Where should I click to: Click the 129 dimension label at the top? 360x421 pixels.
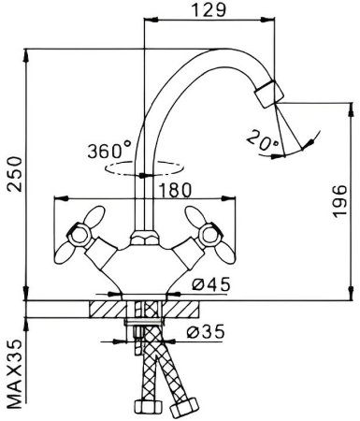[208, 10]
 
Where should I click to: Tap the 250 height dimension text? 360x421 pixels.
[15, 175]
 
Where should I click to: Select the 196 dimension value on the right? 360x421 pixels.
[339, 201]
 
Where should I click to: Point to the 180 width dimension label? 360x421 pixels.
[175, 190]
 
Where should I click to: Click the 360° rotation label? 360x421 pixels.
[109, 150]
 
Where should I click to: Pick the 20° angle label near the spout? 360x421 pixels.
[262, 139]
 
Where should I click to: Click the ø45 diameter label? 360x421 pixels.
[211, 284]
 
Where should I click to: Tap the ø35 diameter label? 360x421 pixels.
[206, 331]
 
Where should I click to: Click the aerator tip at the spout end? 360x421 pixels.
[269, 94]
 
